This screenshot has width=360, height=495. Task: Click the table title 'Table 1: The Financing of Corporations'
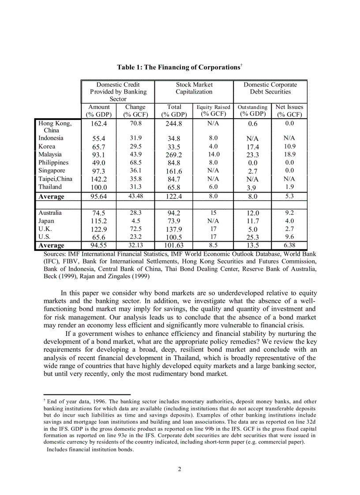179,67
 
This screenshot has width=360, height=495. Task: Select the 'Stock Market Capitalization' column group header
194,88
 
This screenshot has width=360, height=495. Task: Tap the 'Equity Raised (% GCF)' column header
213,111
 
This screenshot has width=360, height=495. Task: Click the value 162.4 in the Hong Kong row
99,124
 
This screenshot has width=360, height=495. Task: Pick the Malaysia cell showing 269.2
173,155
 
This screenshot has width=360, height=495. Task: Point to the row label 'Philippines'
53,163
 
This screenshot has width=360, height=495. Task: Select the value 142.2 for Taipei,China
99,179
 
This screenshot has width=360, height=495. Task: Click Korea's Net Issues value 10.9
289,146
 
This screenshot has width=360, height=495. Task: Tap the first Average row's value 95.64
99,197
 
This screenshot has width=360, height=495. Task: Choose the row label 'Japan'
46,221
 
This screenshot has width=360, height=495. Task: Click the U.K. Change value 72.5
135,229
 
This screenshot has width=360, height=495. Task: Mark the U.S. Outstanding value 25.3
253,238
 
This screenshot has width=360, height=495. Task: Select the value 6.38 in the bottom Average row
289,246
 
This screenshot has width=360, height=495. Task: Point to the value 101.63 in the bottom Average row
173,246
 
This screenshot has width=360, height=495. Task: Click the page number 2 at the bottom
180,469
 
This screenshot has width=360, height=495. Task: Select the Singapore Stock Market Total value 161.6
173,171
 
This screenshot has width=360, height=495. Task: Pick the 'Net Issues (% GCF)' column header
289,111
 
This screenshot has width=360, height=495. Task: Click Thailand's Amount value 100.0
99,187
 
